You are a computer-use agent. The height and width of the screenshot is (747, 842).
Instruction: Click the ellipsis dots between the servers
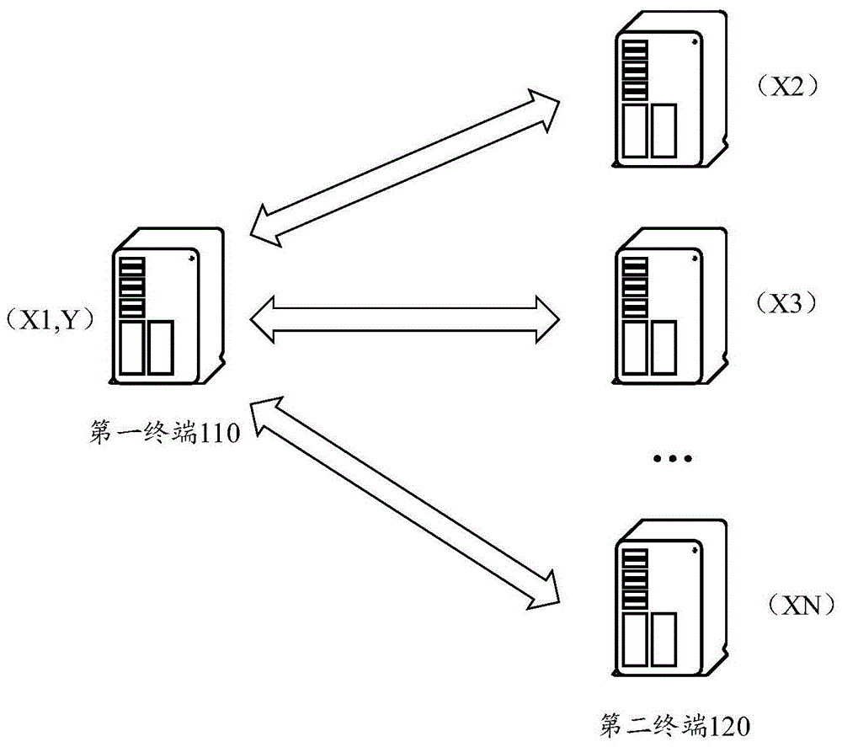click(x=672, y=460)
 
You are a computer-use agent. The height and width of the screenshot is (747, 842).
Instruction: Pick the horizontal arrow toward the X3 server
click(x=406, y=319)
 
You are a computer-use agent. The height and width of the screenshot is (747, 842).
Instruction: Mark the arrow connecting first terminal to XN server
click(x=407, y=502)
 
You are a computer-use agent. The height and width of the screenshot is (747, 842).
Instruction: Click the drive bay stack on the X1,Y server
click(x=133, y=286)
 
